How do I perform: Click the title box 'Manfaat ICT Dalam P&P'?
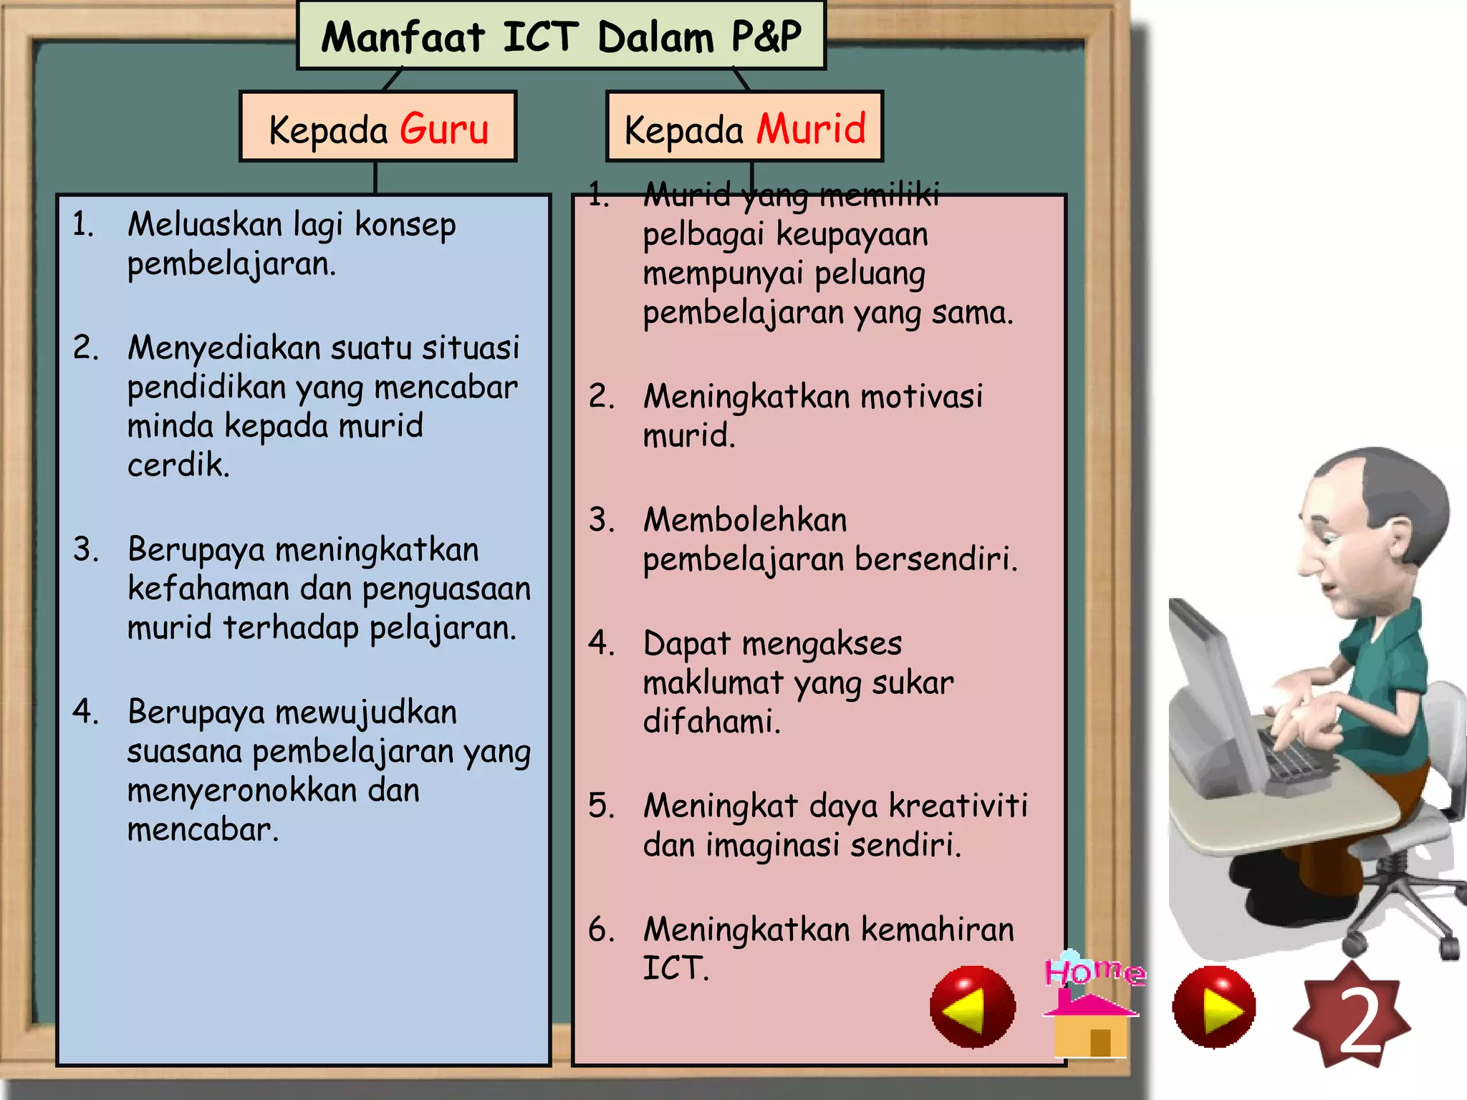tap(561, 36)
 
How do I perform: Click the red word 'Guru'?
tap(444, 130)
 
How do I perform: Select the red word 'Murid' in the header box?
tap(812, 130)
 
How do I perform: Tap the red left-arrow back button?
tap(972, 1007)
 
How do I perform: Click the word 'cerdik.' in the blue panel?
tap(178, 465)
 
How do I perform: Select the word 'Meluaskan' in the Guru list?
tap(205, 225)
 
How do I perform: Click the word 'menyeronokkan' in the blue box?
tap(241, 791)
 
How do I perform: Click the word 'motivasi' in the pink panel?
tap(921, 397)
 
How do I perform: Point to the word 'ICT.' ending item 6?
tap(675, 968)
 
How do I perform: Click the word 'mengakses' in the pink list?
tap(822, 644)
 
